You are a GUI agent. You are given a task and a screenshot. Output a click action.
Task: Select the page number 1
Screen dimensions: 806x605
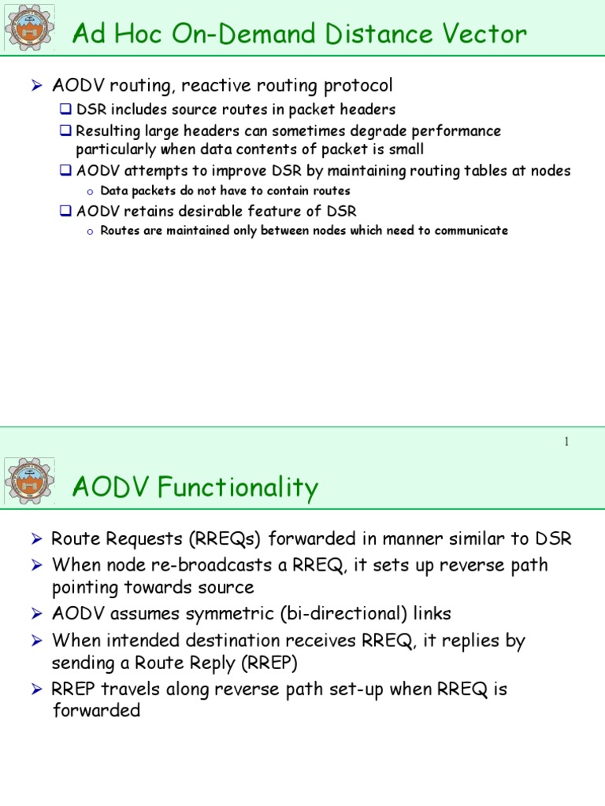pyautogui.click(x=566, y=442)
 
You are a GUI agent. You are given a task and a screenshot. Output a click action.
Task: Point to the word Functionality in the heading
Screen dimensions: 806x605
pyautogui.click(x=239, y=488)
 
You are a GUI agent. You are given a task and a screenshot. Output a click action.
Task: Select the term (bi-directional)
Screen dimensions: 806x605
pyautogui.click(x=332, y=614)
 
